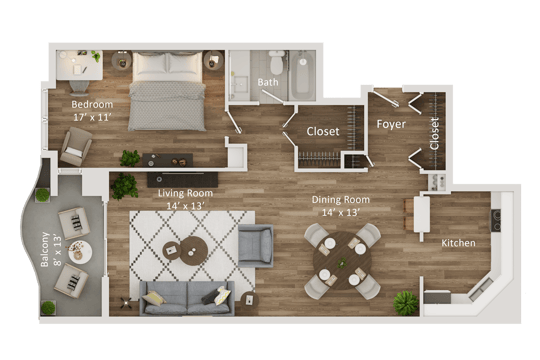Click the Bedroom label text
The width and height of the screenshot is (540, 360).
[92, 104]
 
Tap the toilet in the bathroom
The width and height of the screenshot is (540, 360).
[277, 63]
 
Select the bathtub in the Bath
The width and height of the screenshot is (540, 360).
[302, 75]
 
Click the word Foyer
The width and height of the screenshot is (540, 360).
[391, 124]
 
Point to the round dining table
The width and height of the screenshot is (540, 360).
[342, 260]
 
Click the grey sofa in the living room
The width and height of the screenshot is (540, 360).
[187, 298]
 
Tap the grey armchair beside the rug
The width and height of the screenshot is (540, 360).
[256, 246]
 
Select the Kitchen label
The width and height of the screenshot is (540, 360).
[458, 243]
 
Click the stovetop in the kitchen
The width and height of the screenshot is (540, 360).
[496, 220]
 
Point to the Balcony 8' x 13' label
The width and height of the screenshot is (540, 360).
[51, 249]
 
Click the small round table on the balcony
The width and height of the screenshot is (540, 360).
[80, 252]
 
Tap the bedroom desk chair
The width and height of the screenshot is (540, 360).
[79, 88]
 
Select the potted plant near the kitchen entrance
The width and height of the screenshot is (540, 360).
[406, 303]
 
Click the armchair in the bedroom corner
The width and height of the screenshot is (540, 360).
[76, 147]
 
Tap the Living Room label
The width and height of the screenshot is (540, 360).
[185, 193]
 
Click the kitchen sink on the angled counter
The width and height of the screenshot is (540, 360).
[481, 289]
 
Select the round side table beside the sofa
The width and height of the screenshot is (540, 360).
[249, 300]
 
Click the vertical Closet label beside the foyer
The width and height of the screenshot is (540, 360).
[435, 134]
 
